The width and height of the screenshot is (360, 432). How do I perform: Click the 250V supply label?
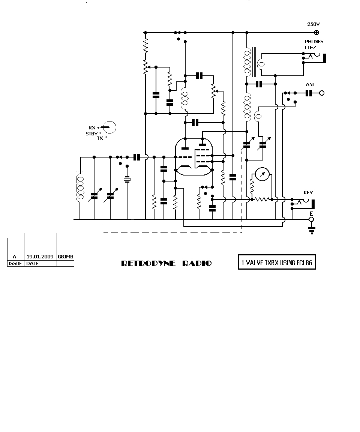click(313, 24)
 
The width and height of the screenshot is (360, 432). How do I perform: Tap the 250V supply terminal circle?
click(316, 33)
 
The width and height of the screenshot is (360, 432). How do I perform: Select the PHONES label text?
click(314, 42)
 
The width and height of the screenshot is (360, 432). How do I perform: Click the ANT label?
click(310, 85)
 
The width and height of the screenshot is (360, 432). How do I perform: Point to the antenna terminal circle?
click(322, 93)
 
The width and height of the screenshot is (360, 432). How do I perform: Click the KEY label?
click(308, 193)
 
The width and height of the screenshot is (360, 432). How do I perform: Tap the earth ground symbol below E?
click(312, 231)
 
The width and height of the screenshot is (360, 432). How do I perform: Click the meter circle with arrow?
click(262, 174)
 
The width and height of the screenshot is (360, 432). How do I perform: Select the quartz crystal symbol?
click(127, 180)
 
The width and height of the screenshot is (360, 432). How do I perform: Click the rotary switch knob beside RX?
click(109, 127)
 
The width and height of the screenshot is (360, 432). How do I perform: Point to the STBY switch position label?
click(92, 134)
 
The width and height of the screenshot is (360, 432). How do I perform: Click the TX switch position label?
click(100, 138)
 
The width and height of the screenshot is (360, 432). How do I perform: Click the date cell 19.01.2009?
click(40, 256)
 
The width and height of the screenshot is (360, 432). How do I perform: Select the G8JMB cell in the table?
click(66, 257)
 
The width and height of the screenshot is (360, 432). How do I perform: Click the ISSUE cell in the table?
click(15, 264)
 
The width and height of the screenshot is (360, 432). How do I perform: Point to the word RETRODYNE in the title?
click(148, 263)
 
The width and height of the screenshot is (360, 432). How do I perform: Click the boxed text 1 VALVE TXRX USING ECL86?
click(277, 262)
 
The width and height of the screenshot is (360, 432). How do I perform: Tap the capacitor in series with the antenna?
click(309, 93)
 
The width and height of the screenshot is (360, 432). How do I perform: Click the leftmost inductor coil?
click(80, 188)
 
